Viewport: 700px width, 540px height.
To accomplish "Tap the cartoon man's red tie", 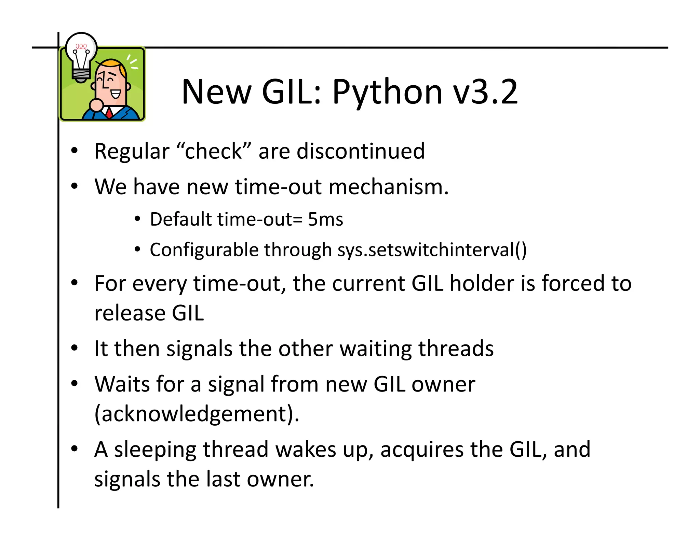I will coord(109,112).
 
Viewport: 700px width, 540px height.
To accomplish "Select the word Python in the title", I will coord(388,92).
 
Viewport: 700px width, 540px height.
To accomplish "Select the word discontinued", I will coord(361,151).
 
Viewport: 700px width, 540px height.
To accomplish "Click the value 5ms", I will coord(325,219).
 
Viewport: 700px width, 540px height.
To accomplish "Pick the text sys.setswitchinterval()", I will coord(432,250).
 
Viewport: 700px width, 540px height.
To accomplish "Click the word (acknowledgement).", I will coord(197,414).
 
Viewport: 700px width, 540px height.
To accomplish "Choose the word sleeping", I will coord(155,450).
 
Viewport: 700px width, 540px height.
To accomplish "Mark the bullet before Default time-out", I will coord(137,219).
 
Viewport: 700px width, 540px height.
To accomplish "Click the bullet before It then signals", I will coord(75,348).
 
